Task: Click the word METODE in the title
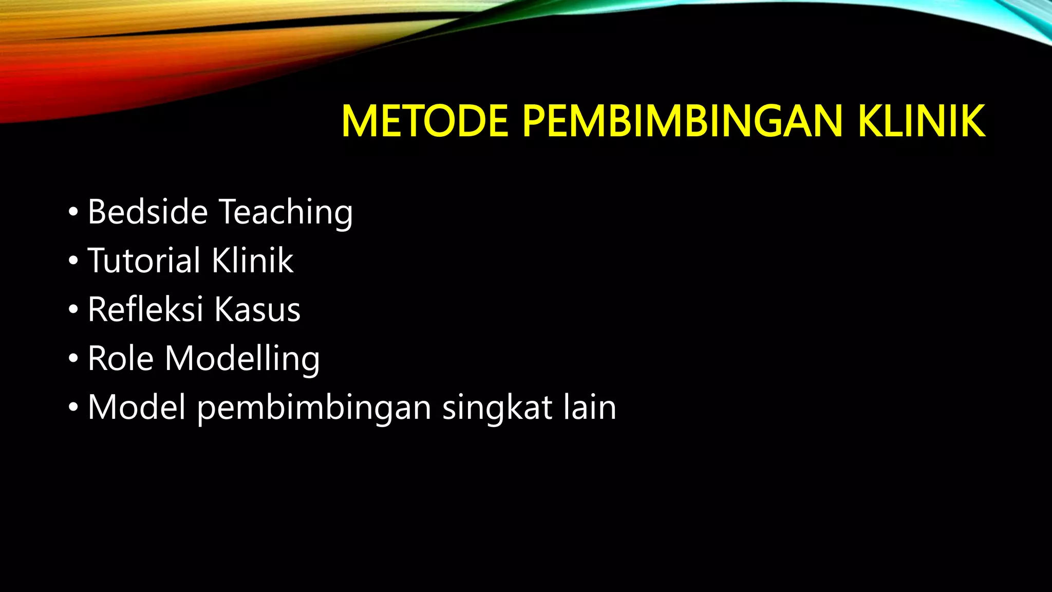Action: click(x=425, y=121)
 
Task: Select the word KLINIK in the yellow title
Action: click(x=922, y=121)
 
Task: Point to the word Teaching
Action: click(x=286, y=212)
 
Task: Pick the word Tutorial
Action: click(x=144, y=260)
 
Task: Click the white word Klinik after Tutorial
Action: click(x=252, y=260)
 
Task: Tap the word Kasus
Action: click(x=257, y=309)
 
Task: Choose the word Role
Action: click(x=121, y=358)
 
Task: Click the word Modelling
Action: click(x=242, y=359)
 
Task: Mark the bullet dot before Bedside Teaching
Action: click(x=73, y=212)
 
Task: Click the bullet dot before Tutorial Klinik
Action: click(x=73, y=261)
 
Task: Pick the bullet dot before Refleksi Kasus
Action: click(x=73, y=309)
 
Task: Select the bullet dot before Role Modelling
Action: click(x=73, y=358)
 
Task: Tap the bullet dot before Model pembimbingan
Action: click(x=73, y=408)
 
